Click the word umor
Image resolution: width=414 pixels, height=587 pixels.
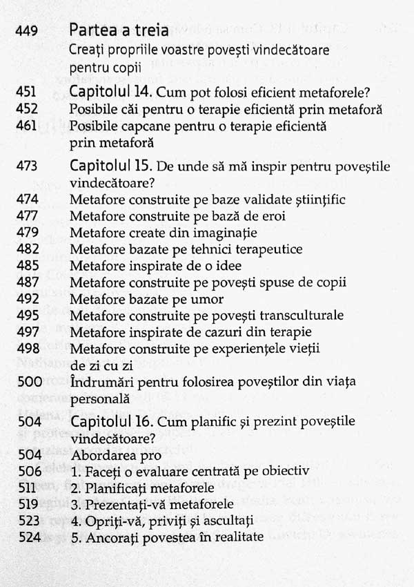click(204, 299)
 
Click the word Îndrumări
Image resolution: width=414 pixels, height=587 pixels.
click(97, 382)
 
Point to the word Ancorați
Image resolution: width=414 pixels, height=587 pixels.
click(106, 537)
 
